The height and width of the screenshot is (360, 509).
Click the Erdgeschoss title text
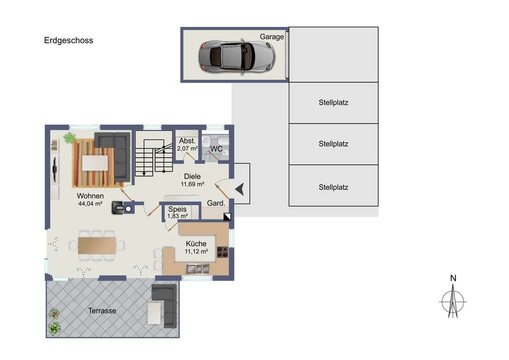point(69,41)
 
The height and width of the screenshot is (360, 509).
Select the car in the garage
point(237,55)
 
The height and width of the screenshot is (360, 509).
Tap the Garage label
point(272,37)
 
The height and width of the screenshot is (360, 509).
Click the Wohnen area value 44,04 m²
point(90,203)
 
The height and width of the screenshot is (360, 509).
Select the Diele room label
point(192,177)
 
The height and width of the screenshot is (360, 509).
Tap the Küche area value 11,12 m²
point(196,252)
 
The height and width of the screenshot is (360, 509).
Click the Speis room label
point(177,209)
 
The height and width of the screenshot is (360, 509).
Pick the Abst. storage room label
point(187,141)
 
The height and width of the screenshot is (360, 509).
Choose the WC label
point(216,149)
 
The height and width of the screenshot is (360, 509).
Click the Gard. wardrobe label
point(216,203)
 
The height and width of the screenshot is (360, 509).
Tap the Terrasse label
point(102,311)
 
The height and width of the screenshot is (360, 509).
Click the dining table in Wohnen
point(97,245)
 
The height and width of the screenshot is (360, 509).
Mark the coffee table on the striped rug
point(95,163)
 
